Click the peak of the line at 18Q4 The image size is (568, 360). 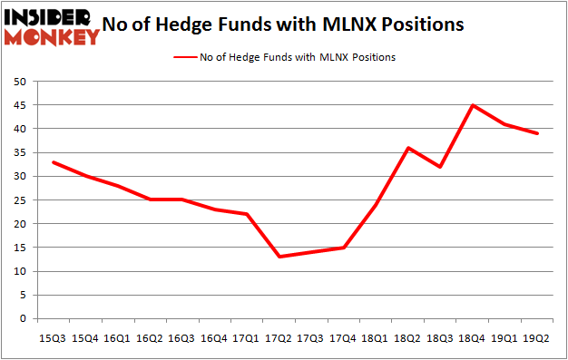473,105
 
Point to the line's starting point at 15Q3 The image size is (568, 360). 54,162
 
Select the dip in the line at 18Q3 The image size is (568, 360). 442,167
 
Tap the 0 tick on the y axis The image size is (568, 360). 22,319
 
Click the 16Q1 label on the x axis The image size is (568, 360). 116,337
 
